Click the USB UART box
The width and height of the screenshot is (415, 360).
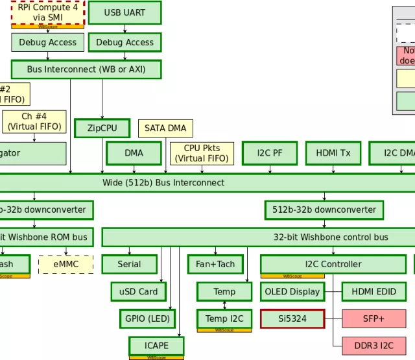click(124, 12)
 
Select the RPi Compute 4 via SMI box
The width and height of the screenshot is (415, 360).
click(47, 12)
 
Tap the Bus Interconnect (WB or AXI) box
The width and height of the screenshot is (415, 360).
click(86, 69)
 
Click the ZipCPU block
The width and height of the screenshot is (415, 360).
click(102, 128)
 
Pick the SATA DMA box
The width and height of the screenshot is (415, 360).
click(165, 128)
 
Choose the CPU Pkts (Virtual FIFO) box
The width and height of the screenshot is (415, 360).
click(202, 153)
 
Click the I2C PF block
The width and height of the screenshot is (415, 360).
click(270, 153)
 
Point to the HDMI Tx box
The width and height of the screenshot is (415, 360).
click(333, 153)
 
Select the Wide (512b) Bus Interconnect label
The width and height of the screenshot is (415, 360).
click(163, 182)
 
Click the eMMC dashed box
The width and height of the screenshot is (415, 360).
click(65, 264)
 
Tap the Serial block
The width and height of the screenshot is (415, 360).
click(129, 264)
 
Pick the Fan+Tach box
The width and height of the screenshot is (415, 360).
click(215, 264)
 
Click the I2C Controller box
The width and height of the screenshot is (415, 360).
click(333, 264)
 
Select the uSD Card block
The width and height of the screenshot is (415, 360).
click(139, 291)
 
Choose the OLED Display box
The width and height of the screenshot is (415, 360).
click(292, 291)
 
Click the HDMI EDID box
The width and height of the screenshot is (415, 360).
click(374, 291)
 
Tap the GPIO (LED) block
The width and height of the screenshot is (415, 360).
click(145, 318)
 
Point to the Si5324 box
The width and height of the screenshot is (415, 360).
click(292, 318)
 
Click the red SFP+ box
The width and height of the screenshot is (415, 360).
click(374, 318)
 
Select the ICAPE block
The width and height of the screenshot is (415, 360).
click(156, 345)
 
